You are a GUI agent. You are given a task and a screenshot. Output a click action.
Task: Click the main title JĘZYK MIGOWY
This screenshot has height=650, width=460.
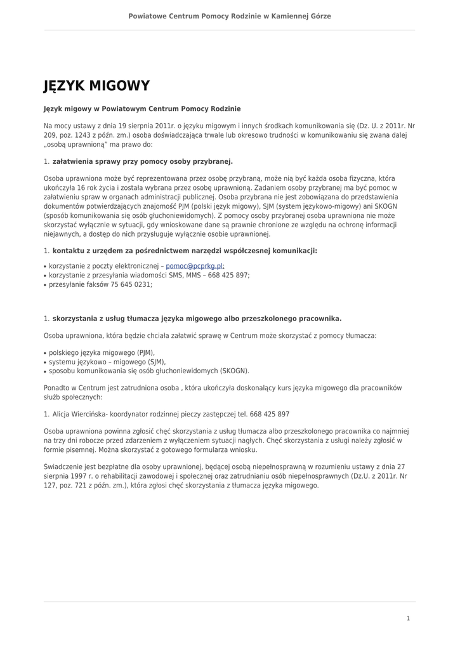click(96, 86)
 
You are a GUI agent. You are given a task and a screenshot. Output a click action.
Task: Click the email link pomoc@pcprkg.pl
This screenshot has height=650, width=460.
click(194, 266)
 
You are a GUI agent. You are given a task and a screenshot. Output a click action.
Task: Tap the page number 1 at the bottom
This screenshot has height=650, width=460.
click(408, 618)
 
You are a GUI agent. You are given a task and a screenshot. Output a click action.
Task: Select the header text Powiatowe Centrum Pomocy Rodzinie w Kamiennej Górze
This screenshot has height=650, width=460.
click(230, 16)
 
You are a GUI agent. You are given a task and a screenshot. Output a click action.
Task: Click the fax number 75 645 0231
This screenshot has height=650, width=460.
click(131, 284)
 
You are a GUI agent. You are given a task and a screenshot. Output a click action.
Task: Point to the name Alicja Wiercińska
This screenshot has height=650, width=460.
click(80, 414)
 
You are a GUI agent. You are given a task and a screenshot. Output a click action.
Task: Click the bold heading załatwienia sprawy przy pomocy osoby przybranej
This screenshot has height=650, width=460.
click(143, 161)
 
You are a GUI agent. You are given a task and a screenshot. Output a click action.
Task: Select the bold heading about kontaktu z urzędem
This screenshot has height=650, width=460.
click(185, 251)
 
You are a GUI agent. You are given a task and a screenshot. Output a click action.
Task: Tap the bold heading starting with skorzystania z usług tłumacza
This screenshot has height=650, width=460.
click(197, 319)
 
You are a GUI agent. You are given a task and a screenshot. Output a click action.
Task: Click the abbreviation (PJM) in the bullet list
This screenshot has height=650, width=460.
click(145, 352)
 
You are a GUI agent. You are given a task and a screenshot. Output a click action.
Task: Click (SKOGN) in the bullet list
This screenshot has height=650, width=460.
click(234, 371)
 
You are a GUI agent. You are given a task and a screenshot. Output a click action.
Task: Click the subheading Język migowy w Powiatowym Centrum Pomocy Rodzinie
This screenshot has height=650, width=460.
click(142, 109)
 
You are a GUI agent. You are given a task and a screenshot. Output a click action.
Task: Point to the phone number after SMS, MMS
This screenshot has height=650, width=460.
click(228, 275)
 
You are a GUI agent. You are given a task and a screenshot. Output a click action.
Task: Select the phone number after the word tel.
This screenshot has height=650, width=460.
click(268, 414)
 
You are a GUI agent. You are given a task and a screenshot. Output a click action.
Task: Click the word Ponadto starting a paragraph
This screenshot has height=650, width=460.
click(56, 387)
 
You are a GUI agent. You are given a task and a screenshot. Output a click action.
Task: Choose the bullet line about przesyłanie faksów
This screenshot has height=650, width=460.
click(100, 284)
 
